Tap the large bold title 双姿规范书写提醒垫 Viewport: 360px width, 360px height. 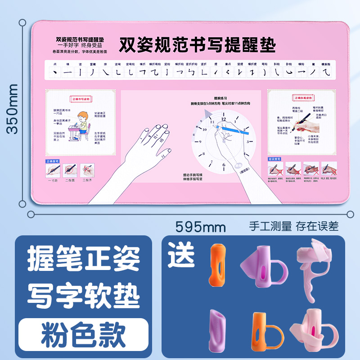[197, 45]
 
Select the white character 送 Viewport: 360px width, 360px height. [182, 255]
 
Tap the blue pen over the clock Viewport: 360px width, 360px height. [234, 130]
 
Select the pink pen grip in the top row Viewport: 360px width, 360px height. [313, 265]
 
